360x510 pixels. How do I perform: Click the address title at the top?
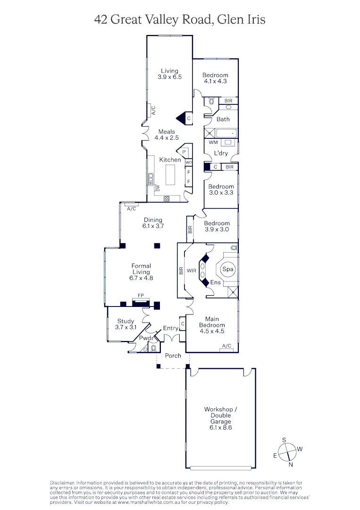click(180, 19)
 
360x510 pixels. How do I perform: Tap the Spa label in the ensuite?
click(228, 269)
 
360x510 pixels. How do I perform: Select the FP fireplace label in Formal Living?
click(140, 296)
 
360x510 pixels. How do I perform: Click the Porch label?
click(173, 356)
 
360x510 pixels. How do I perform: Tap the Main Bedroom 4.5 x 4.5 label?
click(212, 325)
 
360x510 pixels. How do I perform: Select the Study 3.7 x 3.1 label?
click(126, 324)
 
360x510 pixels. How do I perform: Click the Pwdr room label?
click(146, 339)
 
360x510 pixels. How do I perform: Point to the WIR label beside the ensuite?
click(192, 271)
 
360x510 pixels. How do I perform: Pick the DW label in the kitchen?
click(158, 188)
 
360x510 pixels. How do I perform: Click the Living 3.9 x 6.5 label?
click(169, 74)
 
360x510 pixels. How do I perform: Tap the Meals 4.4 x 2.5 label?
click(167, 135)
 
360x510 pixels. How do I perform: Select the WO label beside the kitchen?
click(188, 162)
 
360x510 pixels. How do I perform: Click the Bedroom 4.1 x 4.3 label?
click(215, 78)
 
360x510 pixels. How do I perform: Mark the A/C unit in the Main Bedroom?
click(226, 347)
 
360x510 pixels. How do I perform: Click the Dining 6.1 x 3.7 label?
click(153, 223)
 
